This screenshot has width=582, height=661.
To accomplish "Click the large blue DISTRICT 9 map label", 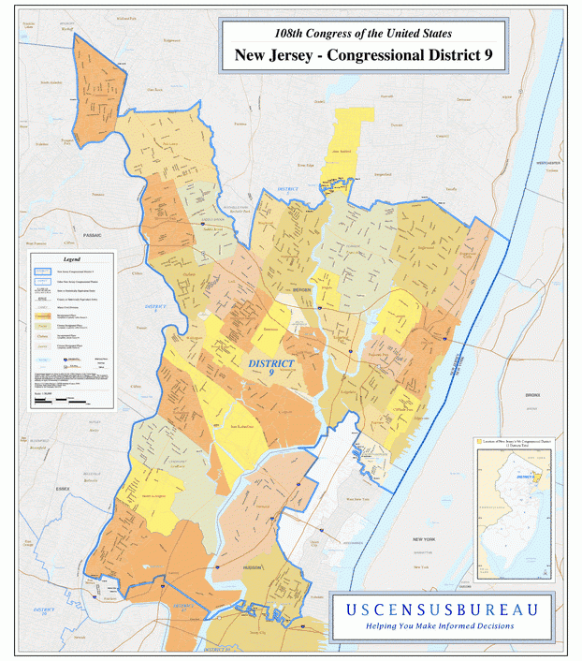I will (x=271, y=367).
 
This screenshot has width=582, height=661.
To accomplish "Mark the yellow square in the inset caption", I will (x=480, y=439).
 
